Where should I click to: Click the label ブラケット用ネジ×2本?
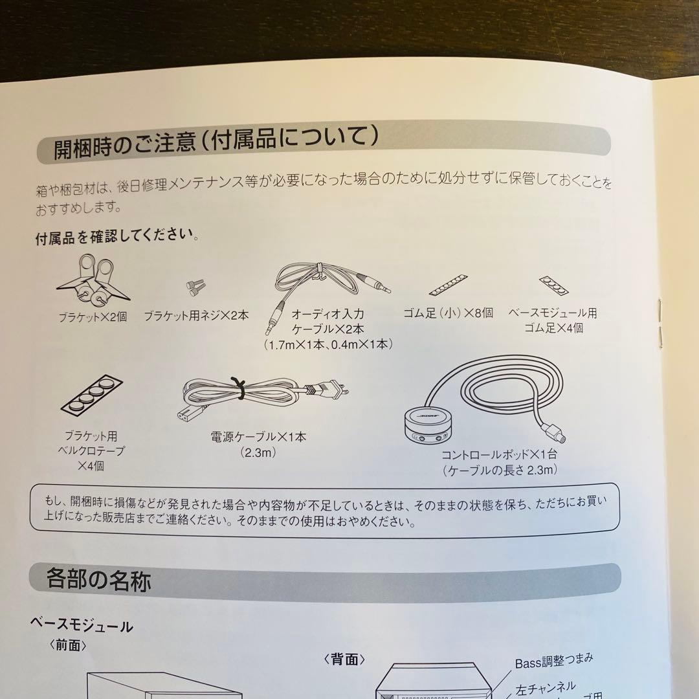[196, 316]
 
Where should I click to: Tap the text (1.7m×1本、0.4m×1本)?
[328, 344]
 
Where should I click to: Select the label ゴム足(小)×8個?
[448, 313]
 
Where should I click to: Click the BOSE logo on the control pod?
[428, 417]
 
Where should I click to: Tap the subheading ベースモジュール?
[82, 625]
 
